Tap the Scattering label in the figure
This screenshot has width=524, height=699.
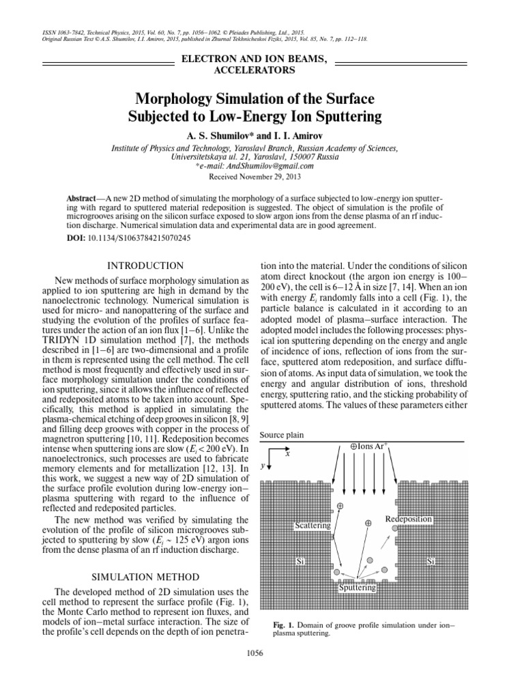312,526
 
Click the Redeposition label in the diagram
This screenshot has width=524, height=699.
408,519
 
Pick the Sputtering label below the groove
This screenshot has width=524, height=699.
356,587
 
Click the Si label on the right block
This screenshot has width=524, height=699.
431,561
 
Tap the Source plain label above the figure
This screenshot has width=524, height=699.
282,435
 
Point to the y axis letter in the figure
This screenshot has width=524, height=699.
263,466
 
